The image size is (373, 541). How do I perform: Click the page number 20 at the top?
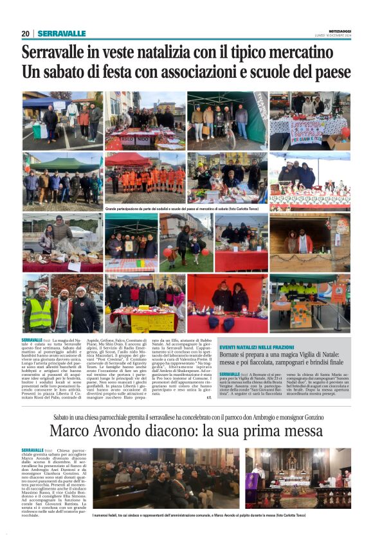pos(25,34)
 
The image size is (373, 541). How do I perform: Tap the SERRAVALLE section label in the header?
pos(61,34)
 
